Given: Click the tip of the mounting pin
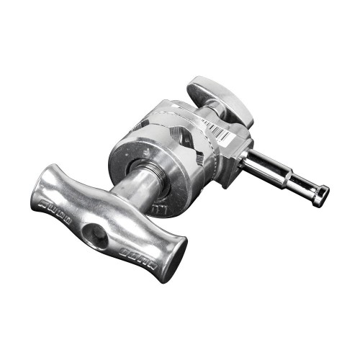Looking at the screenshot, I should (x=323, y=192).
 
